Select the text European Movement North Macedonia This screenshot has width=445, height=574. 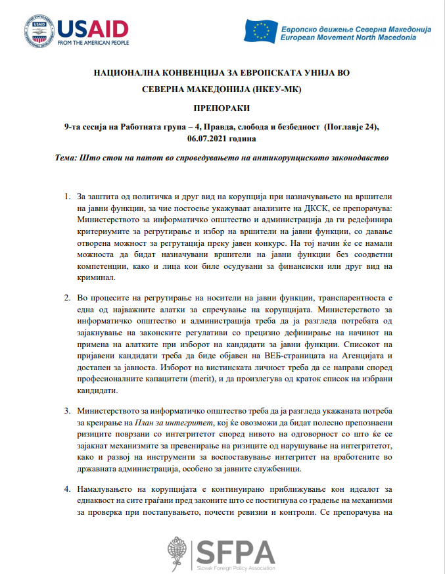(x=348, y=38)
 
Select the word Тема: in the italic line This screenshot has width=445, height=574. (x=68, y=158)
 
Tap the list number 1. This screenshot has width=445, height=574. (x=68, y=197)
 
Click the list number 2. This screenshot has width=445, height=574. (x=68, y=297)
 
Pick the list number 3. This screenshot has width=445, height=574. (x=68, y=410)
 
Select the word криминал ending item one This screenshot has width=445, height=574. (x=96, y=278)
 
